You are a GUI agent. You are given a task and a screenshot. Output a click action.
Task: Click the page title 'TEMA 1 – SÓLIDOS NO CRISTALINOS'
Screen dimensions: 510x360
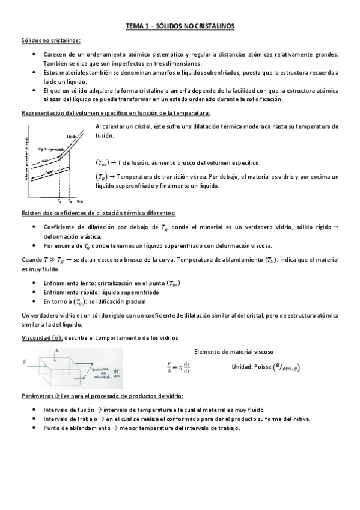pyautogui.click(x=180, y=26)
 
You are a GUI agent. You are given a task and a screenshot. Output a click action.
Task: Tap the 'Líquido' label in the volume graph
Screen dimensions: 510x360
pyautogui.click(x=72, y=138)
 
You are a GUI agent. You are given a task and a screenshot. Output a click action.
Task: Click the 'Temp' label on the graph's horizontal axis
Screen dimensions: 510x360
pyautogui.click(x=80, y=203)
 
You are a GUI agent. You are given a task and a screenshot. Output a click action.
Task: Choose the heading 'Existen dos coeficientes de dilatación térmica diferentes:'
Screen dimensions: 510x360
pyautogui.click(x=99, y=213)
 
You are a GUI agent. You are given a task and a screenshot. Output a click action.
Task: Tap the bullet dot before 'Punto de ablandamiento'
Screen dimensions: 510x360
pyautogui.click(x=33, y=428)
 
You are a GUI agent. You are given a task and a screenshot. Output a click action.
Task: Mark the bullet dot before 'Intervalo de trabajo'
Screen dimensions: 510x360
pyautogui.click(x=33, y=419)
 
